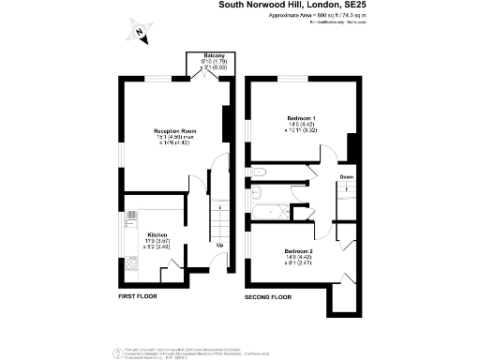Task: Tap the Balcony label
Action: point(215,55)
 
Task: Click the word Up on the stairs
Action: point(219,246)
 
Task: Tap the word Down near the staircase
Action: point(346,177)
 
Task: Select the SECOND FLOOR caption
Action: point(268,296)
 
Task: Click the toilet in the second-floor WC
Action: point(259,172)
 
